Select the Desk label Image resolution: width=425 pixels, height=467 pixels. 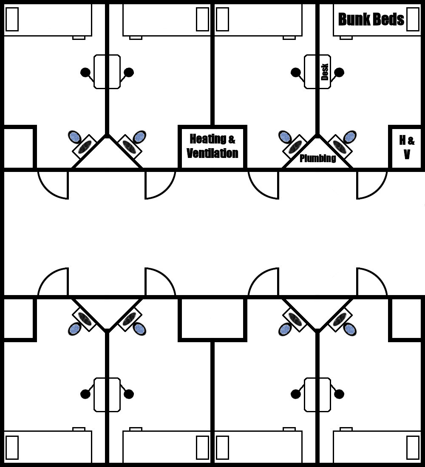click(x=325, y=72)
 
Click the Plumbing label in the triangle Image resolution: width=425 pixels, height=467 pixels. click(x=317, y=158)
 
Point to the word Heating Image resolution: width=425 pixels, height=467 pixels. click(x=208, y=139)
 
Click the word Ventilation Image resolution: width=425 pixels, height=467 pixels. click(x=212, y=153)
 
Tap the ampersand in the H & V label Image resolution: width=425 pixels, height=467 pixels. click(x=411, y=141)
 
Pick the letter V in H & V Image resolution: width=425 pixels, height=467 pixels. click(x=407, y=155)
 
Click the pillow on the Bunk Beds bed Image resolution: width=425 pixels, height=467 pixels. click(x=412, y=19)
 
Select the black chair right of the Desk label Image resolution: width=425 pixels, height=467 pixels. click(x=339, y=72)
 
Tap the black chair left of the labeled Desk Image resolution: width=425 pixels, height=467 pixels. click(x=296, y=72)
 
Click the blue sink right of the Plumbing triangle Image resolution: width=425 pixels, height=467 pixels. click(x=350, y=137)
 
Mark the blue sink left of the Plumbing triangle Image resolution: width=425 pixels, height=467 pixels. click(x=285, y=137)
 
